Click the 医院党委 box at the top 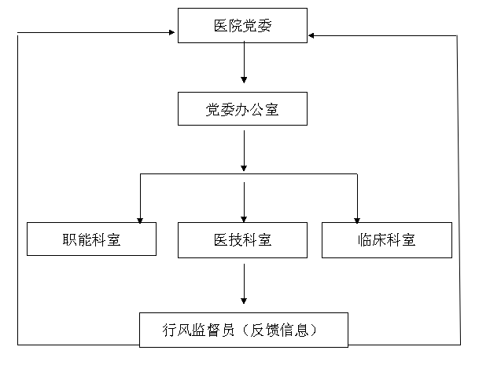click(243, 25)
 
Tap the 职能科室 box click(91, 239)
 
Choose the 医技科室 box click(243, 239)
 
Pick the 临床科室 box click(386, 239)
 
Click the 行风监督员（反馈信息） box click(244, 330)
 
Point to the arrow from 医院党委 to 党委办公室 click(244, 63)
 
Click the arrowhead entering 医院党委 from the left click(171, 33)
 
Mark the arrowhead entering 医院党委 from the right click(313, 35)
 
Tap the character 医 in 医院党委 click(223, 26)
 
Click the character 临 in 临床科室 click(358, 240)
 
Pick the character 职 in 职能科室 click(70, 240)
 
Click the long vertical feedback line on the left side click(17, 188)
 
